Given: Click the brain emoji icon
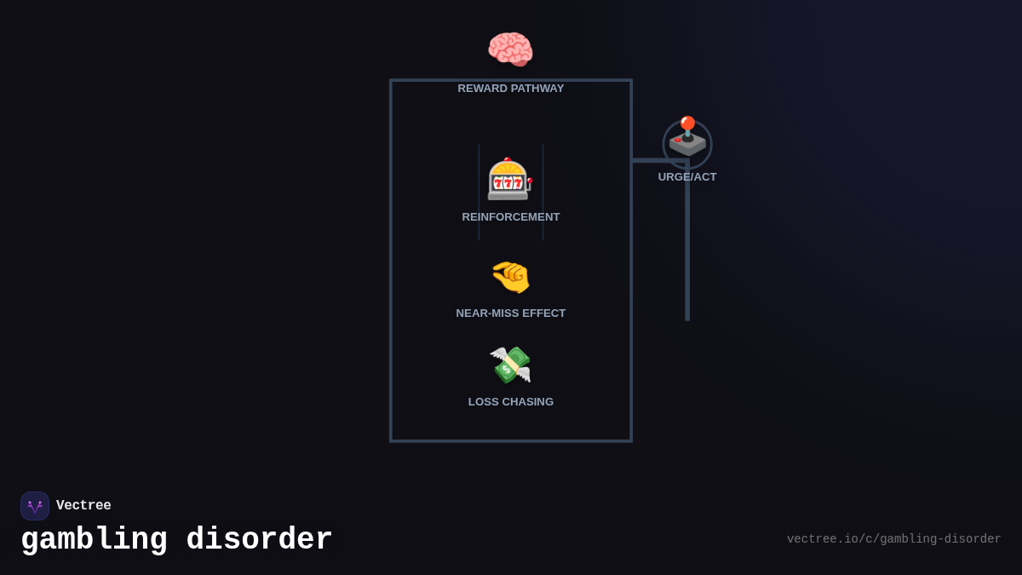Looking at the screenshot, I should (510, 49).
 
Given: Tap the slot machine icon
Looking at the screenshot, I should (509, 179).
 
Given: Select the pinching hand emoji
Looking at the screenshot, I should (511, 277).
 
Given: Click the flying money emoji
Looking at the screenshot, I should (510, 365).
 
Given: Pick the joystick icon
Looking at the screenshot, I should (687, 139).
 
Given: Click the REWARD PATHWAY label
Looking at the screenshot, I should (511, 89).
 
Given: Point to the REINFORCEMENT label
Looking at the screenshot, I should (511, 217).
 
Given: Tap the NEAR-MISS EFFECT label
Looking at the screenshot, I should (511, 313).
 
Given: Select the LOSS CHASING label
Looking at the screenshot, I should (511, 402).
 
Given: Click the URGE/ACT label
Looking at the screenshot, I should (687, 177).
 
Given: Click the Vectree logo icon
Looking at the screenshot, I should (35, 506).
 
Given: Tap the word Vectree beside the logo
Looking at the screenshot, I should (83, 506).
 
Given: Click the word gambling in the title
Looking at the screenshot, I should (94, 540).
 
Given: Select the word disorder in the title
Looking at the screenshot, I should (259, 540).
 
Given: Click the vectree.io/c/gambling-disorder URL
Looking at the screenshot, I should (893, 539).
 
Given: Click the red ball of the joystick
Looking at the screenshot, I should (687, 122).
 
